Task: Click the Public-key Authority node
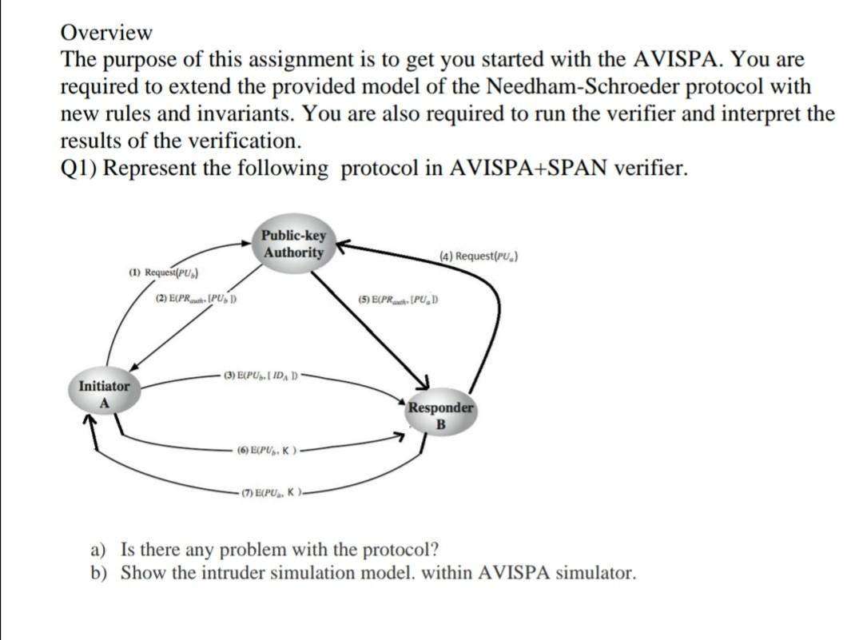pos(293,244)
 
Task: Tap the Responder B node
pos(440,415)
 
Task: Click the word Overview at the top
pos(106,33)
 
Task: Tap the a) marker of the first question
pos(98,550)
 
